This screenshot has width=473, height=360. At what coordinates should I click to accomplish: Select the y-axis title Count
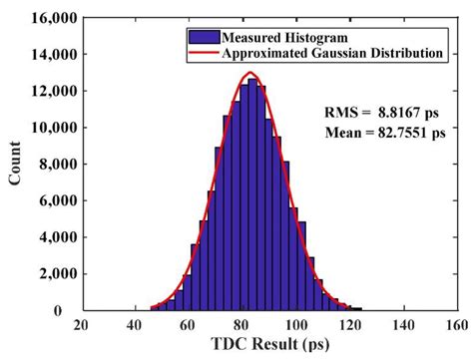click(13, 165)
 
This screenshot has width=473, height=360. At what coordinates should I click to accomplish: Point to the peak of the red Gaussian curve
click(250, 73)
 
